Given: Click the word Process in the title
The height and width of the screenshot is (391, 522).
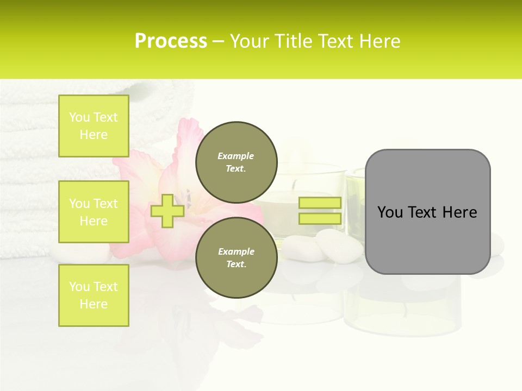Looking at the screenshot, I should click(x=171, y=41).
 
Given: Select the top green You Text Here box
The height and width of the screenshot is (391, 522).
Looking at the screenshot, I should click(x=94, y=126).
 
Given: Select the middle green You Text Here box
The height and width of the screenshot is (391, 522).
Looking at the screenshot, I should click(x=94, y=212).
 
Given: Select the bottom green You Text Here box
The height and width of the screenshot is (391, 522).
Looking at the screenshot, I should click(x=94, y=295).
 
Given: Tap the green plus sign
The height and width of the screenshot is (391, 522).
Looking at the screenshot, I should click(x=167, y=211).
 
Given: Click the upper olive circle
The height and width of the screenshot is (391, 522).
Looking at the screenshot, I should click(x=236, y=162).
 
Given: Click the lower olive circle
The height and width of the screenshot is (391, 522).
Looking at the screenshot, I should click(x=236, y=258).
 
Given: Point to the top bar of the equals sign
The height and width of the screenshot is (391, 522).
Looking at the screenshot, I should click(x=320, y=203).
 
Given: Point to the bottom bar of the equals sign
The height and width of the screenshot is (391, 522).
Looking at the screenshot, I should click(x=320, y=219).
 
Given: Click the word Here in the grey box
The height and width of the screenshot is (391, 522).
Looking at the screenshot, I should click(x=459, y=212).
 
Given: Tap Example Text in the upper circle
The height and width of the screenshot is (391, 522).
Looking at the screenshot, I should click(x=236, y=162).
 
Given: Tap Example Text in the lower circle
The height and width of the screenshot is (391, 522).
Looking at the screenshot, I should click(x=236, y=258).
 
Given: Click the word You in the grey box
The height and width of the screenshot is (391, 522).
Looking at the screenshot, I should click(x=389, y=212).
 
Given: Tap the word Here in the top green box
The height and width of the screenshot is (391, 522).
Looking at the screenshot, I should click(x=94, y=135).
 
